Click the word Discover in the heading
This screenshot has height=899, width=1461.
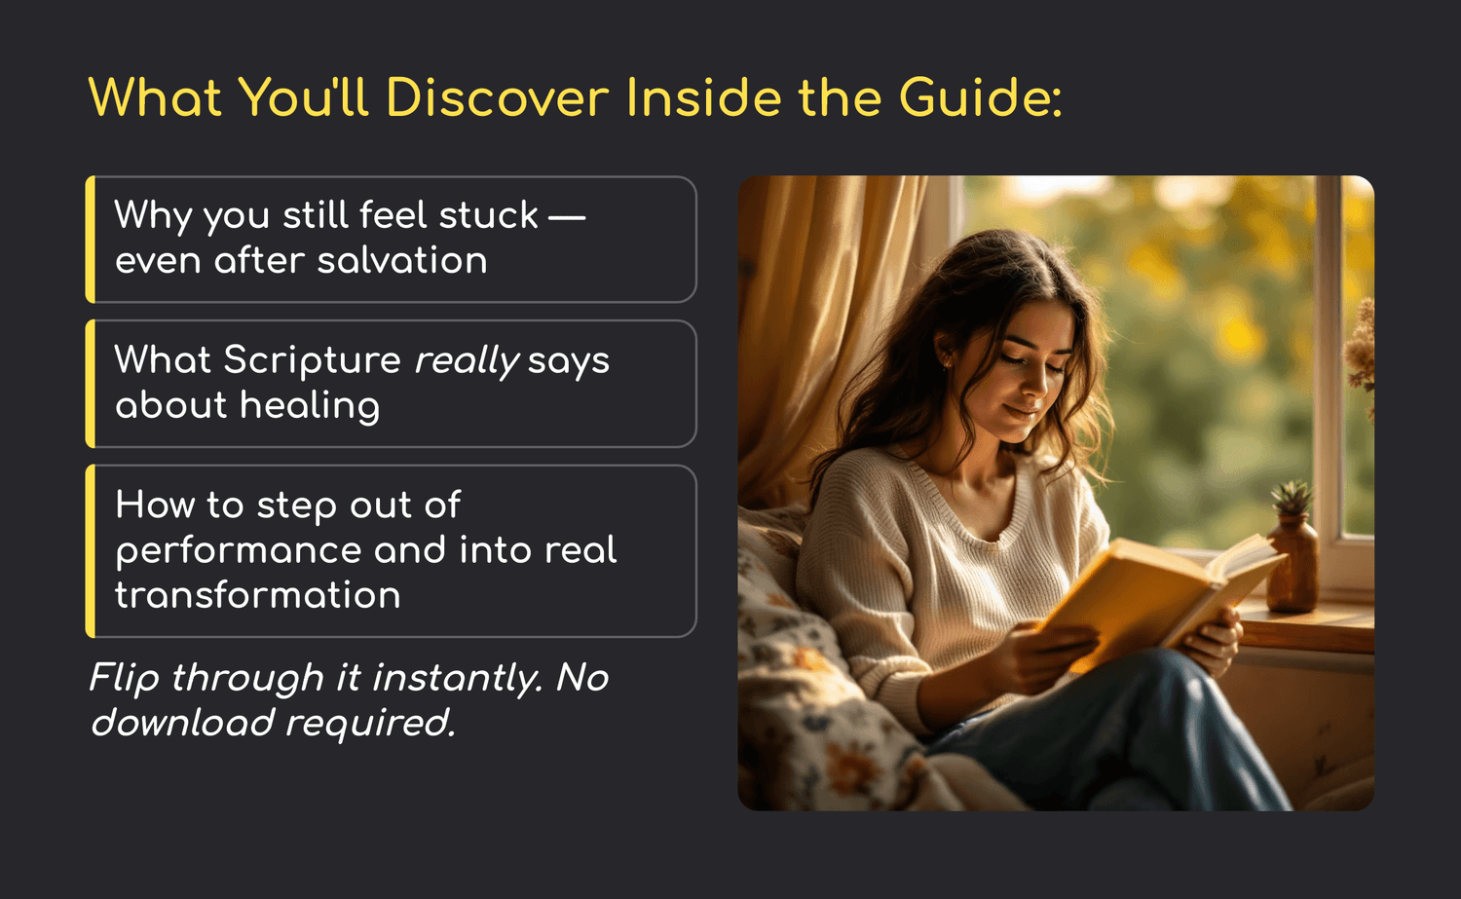[x=498, y=97]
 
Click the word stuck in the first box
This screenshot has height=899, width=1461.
[x=489, y=214]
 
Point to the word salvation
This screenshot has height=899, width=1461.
[x=401, y=260]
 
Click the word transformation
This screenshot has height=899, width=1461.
[x=258, y=595]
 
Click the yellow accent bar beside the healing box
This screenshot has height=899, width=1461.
[x=90, y=384]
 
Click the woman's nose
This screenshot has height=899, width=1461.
[x=1032, y=385]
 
